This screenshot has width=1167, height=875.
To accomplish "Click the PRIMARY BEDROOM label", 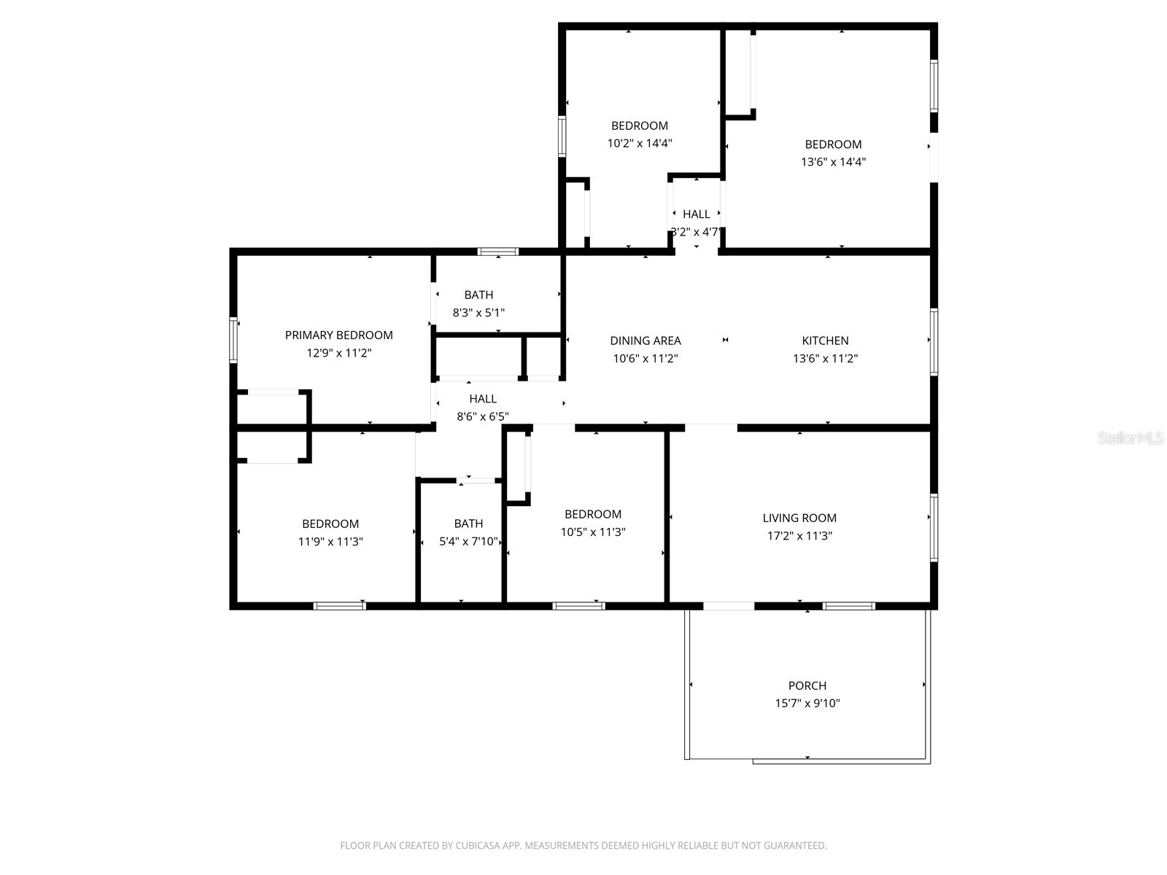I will coord(338,335).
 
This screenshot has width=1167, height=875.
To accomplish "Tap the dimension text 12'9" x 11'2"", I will coord(338,353).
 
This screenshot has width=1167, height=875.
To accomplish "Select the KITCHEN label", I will coord(825,341).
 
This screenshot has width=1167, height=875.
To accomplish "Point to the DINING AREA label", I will coord(645,341).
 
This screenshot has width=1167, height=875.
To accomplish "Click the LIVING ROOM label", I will coord(799,518).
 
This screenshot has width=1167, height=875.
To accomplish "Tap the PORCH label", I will coord(807,685).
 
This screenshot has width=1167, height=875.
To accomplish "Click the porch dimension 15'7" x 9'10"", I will coord(807,704).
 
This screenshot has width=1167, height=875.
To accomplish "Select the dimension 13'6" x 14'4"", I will coord(833,162).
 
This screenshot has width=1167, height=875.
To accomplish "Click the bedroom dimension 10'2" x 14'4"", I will coord(639,144).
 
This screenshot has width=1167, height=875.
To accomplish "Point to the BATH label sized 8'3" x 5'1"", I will coord(478,295).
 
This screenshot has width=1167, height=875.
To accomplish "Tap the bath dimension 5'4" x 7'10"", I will coord(468,542).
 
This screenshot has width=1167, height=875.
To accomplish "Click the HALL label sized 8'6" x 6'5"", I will coord(483,399).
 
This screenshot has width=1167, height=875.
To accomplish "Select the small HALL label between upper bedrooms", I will coord(696,214).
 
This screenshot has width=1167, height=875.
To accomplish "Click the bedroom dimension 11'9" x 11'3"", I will coord(330,542).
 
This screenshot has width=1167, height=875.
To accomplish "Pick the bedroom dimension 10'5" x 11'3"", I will coord(592,532).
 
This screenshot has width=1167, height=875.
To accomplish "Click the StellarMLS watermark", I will coord(1131,438).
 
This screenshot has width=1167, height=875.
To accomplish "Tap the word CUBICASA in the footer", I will coord(477,846).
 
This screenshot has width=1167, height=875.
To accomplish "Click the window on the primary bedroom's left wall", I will coord(233,340).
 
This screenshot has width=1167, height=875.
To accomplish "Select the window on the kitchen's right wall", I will coord(934,341).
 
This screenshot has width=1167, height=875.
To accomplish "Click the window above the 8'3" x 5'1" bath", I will coord(498,252).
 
